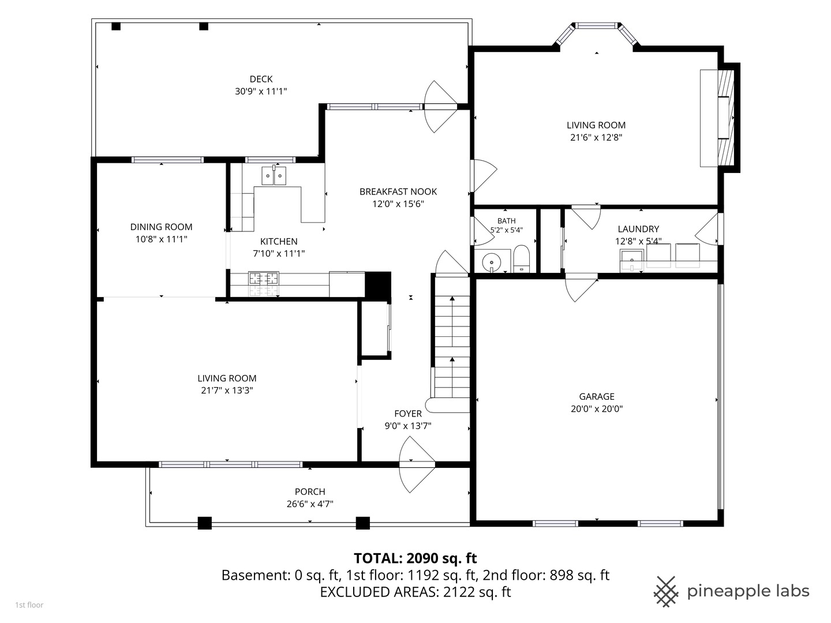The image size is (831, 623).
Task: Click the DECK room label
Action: tap(261, 79)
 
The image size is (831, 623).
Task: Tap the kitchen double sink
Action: tap(274, 175)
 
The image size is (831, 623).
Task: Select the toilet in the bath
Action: tap(521, 259)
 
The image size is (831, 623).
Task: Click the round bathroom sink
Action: tap(492, 262)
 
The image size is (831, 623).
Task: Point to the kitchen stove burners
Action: tap(264, 279)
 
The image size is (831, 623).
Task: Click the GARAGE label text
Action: tap(597, 396)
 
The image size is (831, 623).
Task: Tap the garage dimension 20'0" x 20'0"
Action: tap(597, 408)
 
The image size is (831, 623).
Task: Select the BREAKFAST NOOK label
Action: tap(398, 192)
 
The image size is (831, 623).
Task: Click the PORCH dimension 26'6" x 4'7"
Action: tap(310, 504)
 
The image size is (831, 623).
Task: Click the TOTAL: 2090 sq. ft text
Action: tap(415, 558)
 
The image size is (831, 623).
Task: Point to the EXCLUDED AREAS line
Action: tap(415, 592)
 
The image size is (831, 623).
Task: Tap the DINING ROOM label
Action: tap(161, 227)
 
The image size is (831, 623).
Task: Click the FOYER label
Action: tap(408, 414)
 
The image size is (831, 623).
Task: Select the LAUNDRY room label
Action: tap(638, 229)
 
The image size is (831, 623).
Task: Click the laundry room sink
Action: tap(631, 261)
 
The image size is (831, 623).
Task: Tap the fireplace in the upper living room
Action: tap(719, 118)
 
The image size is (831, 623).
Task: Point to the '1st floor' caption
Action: tap(29, 605)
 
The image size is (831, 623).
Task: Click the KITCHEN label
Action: tap(279, 241)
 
